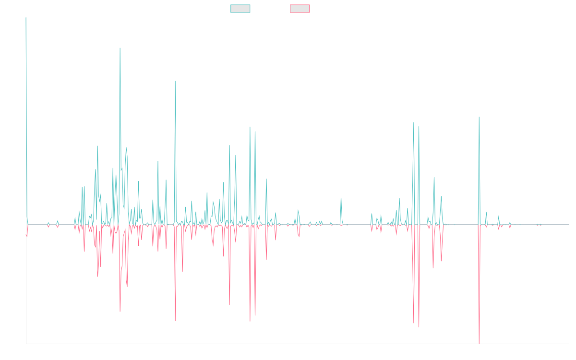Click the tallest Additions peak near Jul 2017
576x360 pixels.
click(120, 48)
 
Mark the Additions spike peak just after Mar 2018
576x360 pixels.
click(175, 81)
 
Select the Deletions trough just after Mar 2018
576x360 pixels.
click(175, 321)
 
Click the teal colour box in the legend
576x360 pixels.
click(240, 9)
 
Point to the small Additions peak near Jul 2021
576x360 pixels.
click(341, 198)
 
